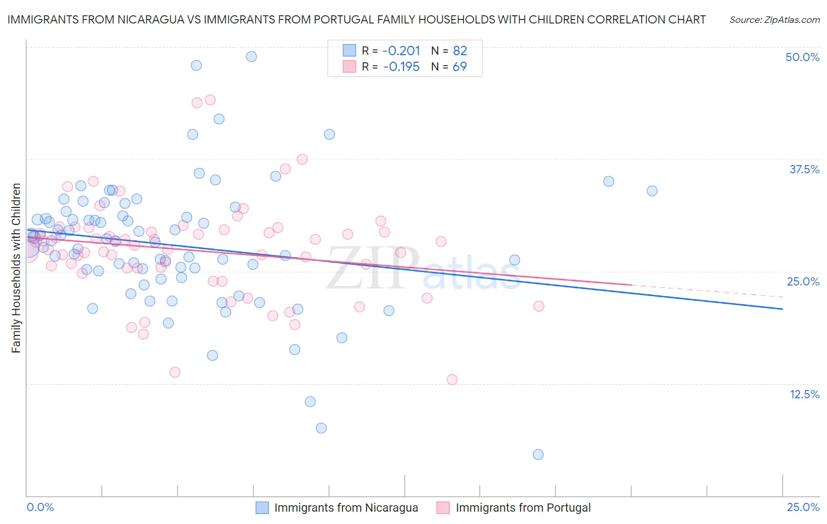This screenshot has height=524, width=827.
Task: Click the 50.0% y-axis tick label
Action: tap(802, 57)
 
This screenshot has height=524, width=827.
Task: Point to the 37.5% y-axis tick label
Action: tap(804, 169)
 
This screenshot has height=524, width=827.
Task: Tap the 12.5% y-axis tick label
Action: tap(804, 394)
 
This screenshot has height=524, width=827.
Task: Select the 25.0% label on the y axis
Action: tap(803, 281)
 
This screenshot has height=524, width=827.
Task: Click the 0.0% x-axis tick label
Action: tap(40, 507)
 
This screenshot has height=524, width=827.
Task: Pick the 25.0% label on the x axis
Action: tap(803, 507)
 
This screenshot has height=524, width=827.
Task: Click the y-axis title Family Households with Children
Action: tap(16, 268)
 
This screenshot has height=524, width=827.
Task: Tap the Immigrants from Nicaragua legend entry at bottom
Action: tap(346, 508)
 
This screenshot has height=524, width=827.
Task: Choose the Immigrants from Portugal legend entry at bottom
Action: tap(523, 508)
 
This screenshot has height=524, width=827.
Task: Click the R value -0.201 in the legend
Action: tap(401, 51)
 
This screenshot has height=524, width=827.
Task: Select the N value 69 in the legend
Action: tap(459, 66)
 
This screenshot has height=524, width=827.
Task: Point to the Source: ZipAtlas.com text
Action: tap(774, 19)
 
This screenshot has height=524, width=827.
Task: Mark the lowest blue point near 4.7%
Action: tap(538, 454)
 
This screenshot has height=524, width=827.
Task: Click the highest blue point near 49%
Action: tap(251, 56)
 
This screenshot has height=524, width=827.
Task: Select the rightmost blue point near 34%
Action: tap(652, 191)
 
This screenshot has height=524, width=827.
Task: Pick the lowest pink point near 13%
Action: tap(452, 379)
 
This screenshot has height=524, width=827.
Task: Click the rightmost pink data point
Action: tap(538, 306)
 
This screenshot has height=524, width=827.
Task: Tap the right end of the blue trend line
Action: tap(782, 308)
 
